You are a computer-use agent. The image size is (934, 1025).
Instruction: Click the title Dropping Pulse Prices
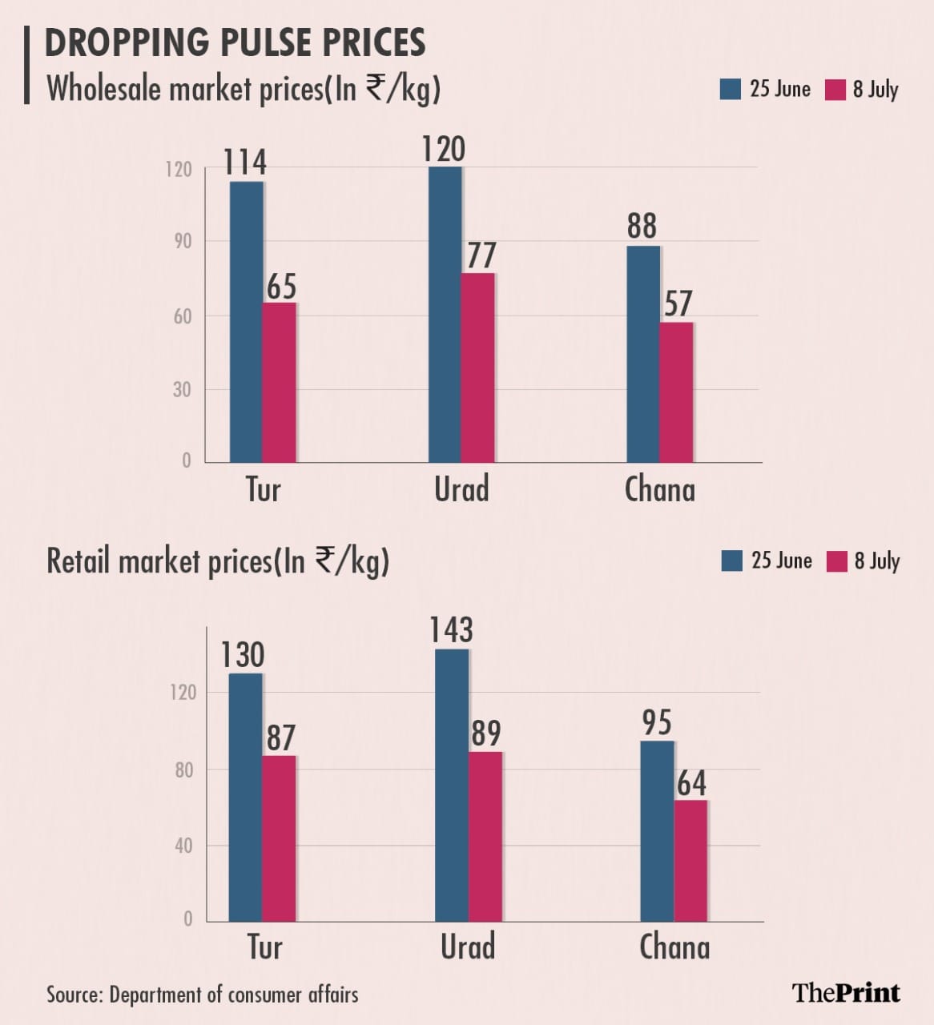tap(235, 42)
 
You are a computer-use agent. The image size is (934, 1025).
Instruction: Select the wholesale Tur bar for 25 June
tap(246, 322)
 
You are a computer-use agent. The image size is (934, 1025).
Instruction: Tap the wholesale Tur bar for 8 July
tap(280, 382)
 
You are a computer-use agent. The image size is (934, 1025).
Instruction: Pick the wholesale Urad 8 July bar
tap(478, 368)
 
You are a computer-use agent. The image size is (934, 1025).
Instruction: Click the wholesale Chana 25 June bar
tap(643, 354)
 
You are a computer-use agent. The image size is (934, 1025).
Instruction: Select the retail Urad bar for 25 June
tap(452, 785)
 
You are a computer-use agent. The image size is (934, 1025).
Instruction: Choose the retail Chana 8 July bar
tap(690, 861)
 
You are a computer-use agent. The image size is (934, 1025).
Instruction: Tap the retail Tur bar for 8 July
tap(279, 838)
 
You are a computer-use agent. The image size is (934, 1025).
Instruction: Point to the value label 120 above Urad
tap(444, 150)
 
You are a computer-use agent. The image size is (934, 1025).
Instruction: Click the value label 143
tap(451, 630)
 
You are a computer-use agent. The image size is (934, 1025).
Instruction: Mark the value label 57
tap(678, 304)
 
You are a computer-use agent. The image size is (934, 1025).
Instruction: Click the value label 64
tap(691, 783)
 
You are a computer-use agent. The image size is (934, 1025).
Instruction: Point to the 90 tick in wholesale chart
tap(183, 241)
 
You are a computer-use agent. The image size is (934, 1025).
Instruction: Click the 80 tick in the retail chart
tap(183, 770)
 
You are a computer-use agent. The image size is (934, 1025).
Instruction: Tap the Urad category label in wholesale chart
tap(461, 489)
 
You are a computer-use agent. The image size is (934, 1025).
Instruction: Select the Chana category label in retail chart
tap(674, 947)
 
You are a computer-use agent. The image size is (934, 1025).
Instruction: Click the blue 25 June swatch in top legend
tap(730, 89)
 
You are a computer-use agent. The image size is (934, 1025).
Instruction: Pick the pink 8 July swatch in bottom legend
tap(836, 561)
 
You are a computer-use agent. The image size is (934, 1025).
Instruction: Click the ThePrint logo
tap(846, 993)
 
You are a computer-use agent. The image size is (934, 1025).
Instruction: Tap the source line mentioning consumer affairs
tap(202, 995)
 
